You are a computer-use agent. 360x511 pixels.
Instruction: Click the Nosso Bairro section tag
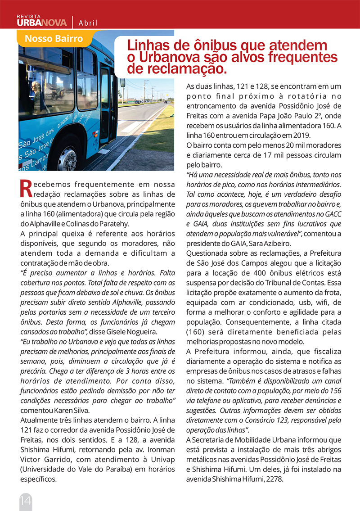tap(54, 39)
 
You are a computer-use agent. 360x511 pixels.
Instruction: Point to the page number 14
tap(26, 500)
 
